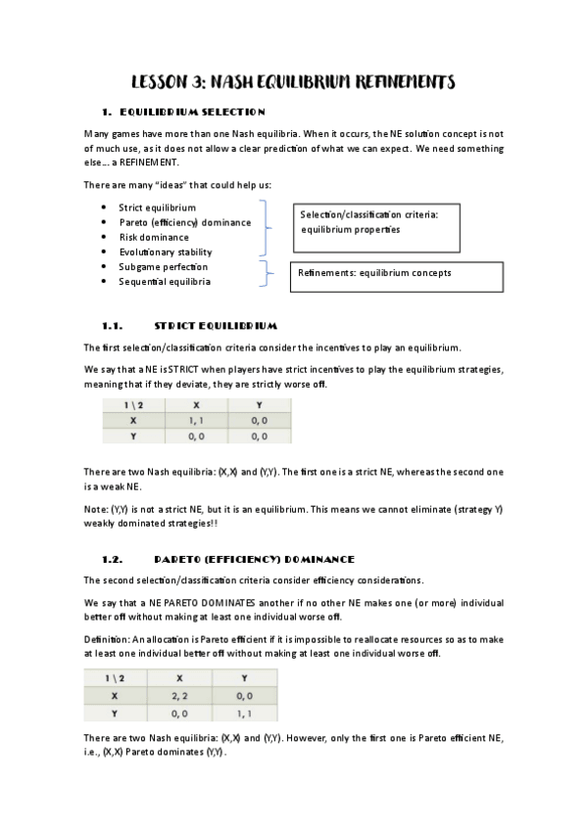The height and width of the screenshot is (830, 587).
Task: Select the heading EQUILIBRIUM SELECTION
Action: [192, 113]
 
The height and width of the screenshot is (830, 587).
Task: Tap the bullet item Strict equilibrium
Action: [157, 207]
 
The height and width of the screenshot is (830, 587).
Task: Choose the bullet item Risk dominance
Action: [154, 237]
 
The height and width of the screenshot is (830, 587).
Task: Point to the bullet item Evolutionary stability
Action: [165, 252]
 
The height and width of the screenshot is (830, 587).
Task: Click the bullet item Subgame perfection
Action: [163, 266]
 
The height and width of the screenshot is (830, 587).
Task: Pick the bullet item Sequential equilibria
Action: [164, 281]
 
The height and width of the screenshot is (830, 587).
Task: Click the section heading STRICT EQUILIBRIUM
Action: [216, 325]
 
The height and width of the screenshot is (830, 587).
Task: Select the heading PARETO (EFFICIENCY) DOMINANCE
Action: [254, 559]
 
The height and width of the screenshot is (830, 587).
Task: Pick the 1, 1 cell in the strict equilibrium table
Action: [196, 420]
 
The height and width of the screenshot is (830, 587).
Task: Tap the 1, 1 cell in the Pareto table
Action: [252, 712]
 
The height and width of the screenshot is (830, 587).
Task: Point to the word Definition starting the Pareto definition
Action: [106, 639]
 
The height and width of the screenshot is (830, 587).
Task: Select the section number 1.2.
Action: [111, 559]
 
